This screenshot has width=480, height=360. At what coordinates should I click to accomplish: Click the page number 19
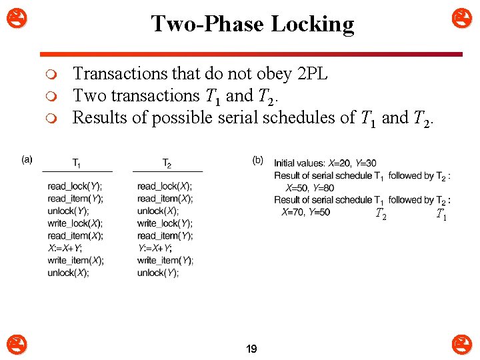[252, 349]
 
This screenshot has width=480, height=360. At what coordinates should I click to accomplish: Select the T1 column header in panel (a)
[77, 163]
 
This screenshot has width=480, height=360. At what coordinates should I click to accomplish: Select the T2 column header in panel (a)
[167, 163]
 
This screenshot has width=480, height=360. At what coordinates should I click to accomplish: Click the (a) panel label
[27, 159]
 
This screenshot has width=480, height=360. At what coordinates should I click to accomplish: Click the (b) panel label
[258, 160]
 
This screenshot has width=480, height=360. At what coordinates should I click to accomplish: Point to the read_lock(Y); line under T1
[75, 186]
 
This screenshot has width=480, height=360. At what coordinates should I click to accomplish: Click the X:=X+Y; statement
[65, 248]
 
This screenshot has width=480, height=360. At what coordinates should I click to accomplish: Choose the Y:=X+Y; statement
[155, 248]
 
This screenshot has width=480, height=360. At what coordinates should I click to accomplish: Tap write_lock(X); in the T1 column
[75, 223]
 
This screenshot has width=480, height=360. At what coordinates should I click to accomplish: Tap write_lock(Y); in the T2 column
[165, 223]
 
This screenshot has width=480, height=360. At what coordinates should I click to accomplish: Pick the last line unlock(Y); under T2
[158, 273]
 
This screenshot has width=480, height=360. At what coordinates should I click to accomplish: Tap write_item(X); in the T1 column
[75, 261]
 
